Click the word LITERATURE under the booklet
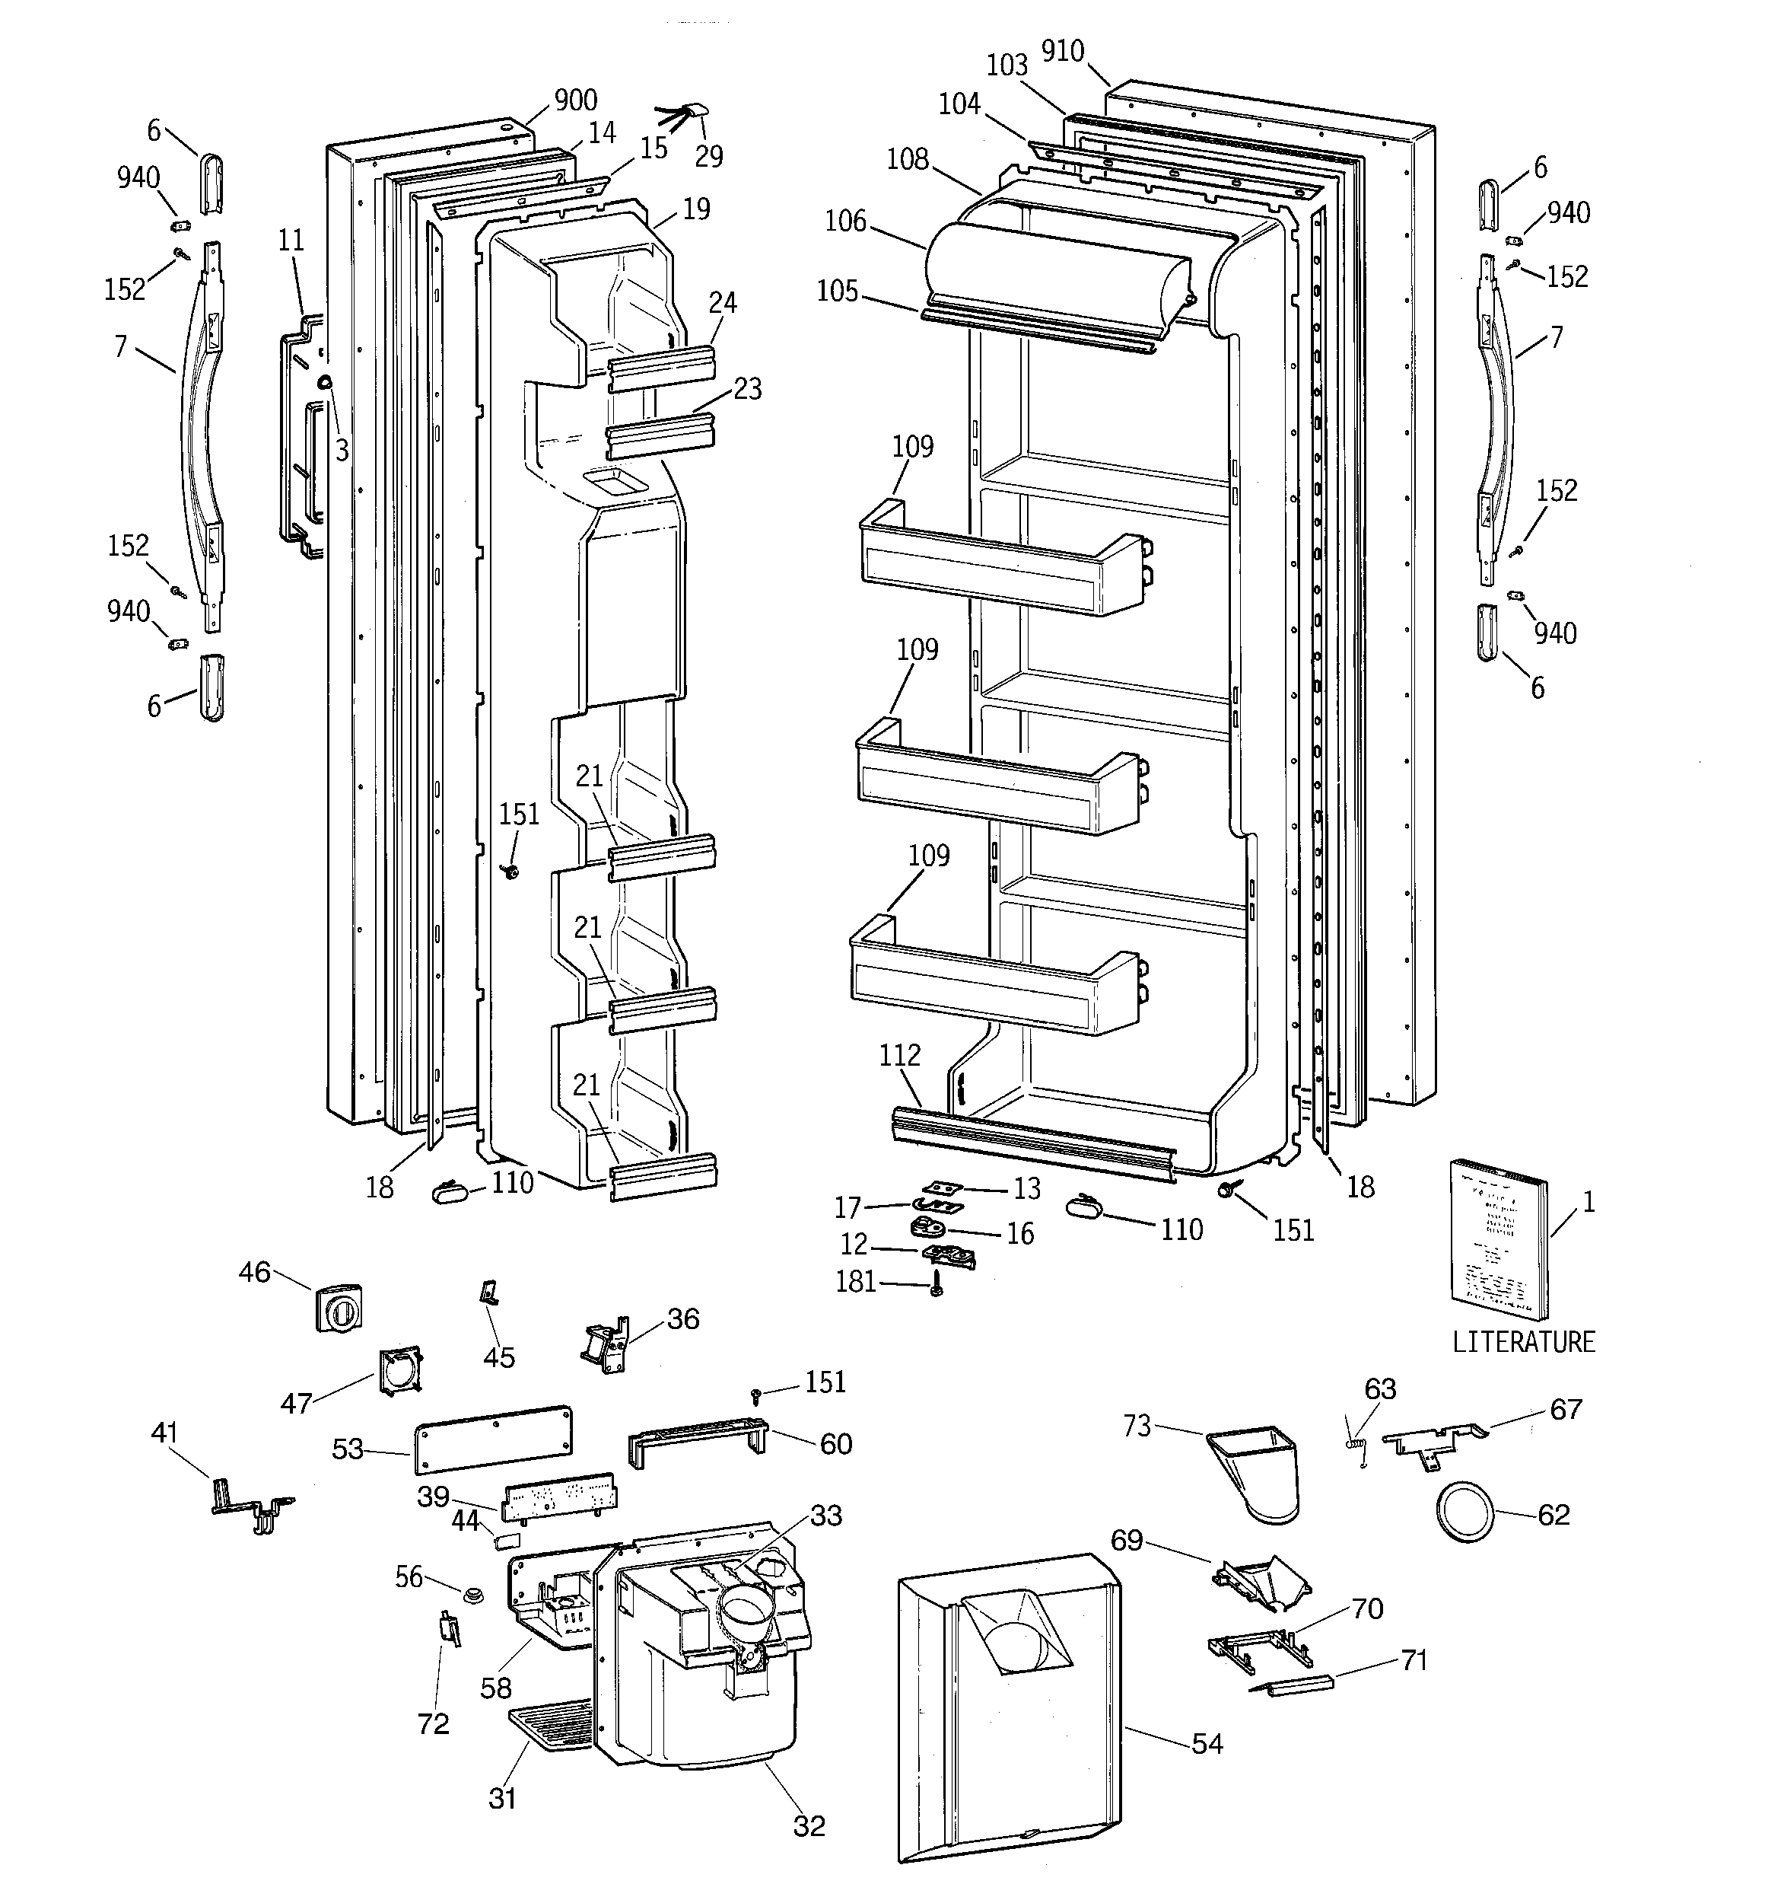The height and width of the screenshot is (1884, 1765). point(1523,1342)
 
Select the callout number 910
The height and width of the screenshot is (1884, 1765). point(1062,51)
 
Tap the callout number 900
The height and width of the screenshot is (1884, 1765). point(575,100)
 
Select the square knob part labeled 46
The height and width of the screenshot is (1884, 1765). point(339,1310)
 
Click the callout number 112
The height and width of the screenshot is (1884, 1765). point(899,1055)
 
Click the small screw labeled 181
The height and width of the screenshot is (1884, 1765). point(936,1285)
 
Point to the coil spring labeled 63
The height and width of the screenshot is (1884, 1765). point(1356,1446)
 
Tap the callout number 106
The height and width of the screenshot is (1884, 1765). point(845,221)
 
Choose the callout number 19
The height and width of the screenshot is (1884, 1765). point(696,209)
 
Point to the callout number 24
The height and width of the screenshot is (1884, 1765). point(722,303)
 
